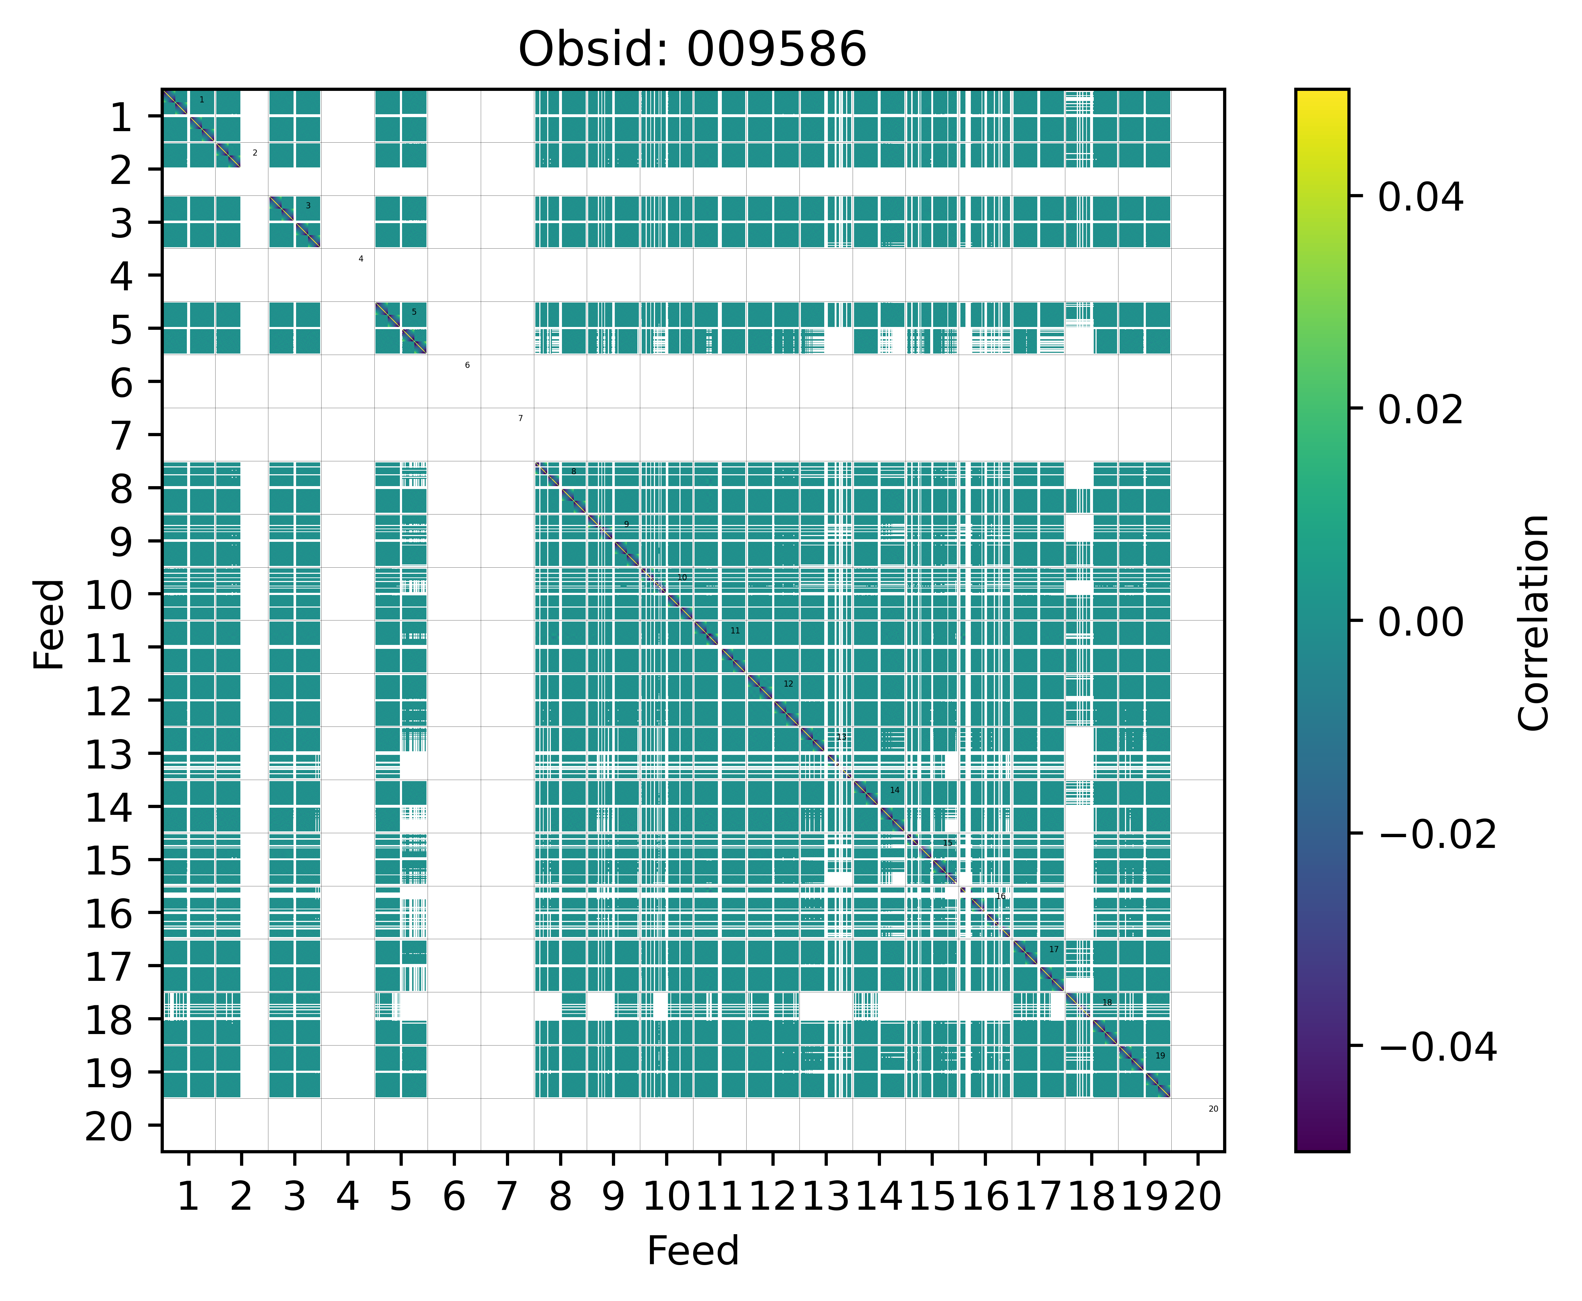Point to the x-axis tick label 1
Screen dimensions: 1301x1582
pos(188,1197)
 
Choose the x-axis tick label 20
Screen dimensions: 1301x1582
pos(1198,1197)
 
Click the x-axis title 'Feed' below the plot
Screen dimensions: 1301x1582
pos(692,1251)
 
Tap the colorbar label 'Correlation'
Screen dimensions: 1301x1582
pos(1533,622)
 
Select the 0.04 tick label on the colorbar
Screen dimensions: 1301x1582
pos(1420,198)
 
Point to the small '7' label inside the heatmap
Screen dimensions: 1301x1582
pos(520,418)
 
